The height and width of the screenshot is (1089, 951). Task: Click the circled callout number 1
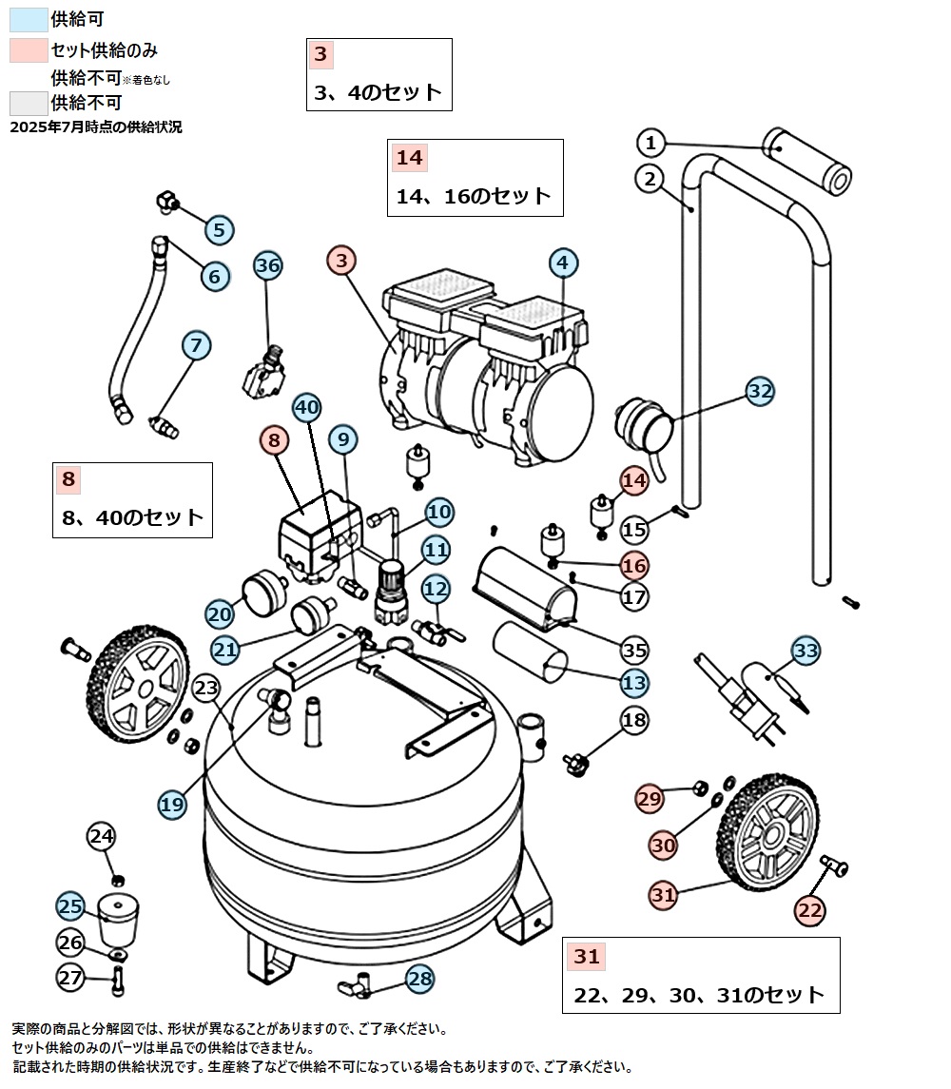pyautogui.click(x=650, y=144)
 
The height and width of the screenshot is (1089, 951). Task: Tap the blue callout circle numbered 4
pyautogui.click(x=563, y=263)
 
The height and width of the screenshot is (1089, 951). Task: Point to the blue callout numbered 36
pyautogui.click(x=269, y=265)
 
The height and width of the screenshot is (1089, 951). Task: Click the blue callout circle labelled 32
pyautogui.click(x=760, y=391)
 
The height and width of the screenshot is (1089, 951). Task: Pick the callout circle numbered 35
pyautogui.click(x=634, y=651)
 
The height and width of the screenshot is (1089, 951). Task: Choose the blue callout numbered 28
pyautogui.click(x=420, y=978)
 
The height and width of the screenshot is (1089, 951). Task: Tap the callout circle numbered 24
pyautogui.click(x=102, y=837)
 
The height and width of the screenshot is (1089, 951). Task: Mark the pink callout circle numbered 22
pyautogui.click(x=810, y=910)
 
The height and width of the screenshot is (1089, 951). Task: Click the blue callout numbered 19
pyautogui.click(x=172, y=805)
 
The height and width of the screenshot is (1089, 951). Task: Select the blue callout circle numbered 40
pyautogui.click(x=306, y=407)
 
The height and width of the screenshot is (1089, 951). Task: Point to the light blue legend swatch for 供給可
pyautogui.click(x=28, y=18)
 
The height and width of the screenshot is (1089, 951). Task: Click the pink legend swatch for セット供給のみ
pyautogui.click(x=28, y=49)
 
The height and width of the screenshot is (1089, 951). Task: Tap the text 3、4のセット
pyautogui.click(x=378, y=92)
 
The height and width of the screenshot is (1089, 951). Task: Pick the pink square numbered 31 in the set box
pyautogui.click(x=587, y=957)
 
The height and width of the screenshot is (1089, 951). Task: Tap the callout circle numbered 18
pyautogui.click(x=635, y=719)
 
